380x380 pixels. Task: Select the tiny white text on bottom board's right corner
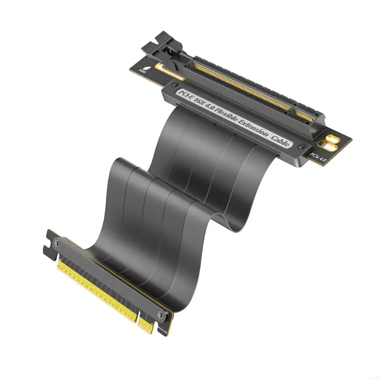click(x=168, y=328)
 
